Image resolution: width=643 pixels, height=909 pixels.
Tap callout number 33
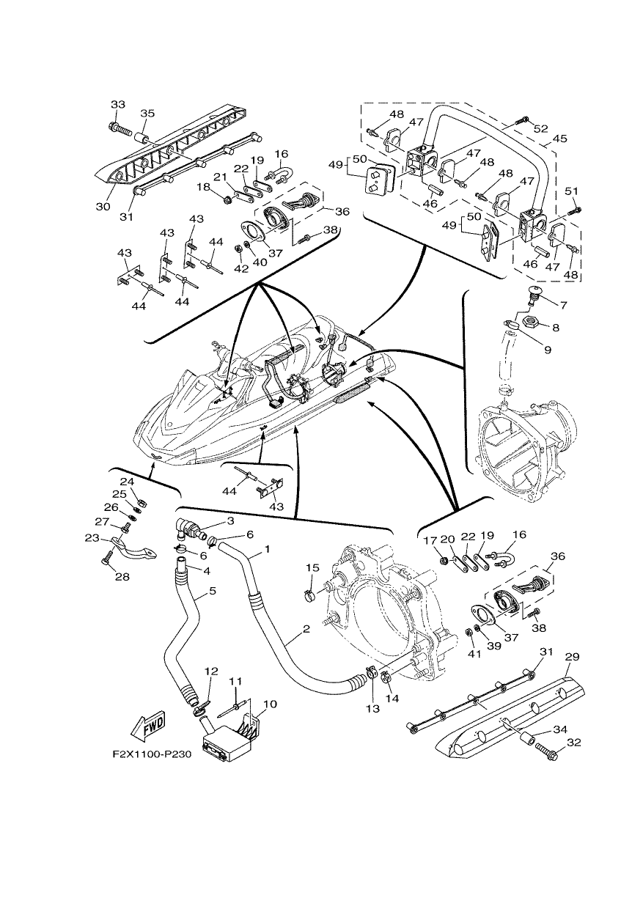pyautogui.click(x=118, y=105)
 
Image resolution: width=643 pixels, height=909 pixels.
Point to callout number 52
pyautogui.click(x=540, y=129)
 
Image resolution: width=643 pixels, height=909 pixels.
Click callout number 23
pyautogui.click(x=92, y=538)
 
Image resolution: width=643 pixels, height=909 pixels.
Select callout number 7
pyautogui.click(x=564, y=305)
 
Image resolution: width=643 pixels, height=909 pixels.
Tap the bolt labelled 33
pyautogui.click(x=120, y=130)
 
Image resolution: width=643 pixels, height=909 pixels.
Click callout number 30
pyautogui.click(x=103, y=207)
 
